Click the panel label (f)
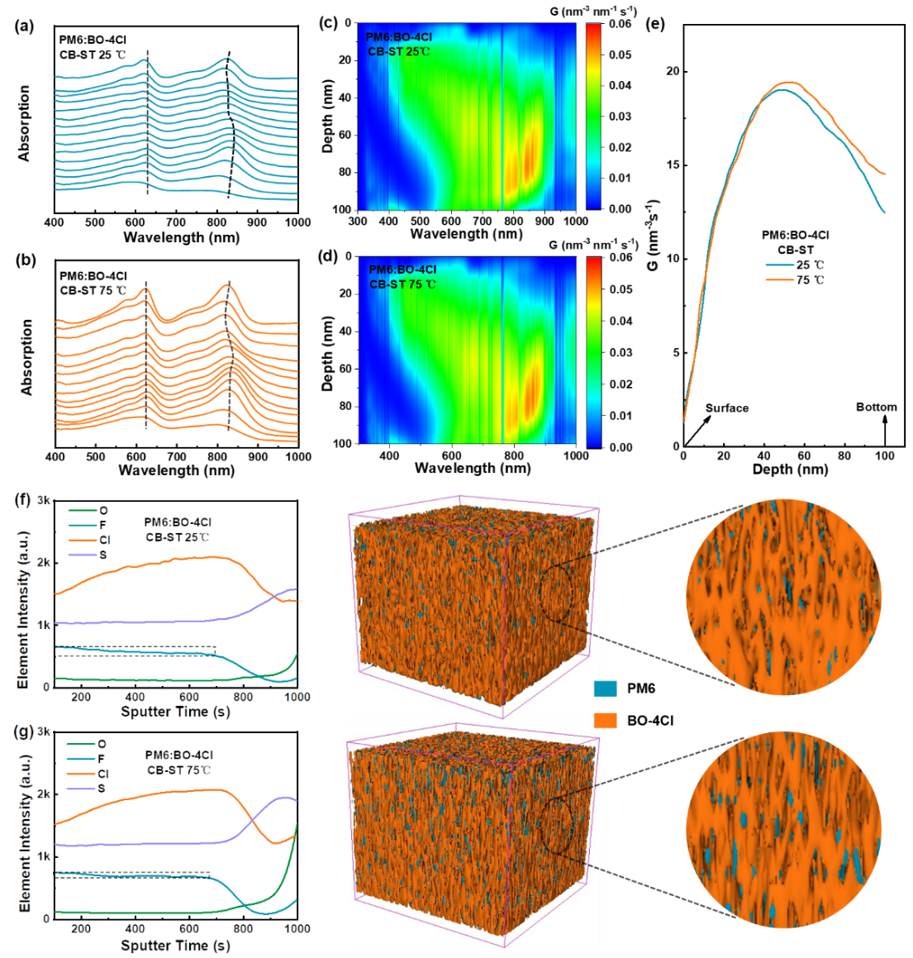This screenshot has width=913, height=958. coord(22,500)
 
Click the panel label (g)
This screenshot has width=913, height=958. coord(22,732)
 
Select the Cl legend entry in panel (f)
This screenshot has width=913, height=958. coord(103,540)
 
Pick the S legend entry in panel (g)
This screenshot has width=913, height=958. coord(102,789)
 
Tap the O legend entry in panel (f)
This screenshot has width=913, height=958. coord(103,511)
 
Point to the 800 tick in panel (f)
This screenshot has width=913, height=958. coord(243,697)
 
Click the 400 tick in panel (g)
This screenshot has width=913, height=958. coord(135,929)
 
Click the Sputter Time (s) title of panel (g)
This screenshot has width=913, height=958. coord(174,946)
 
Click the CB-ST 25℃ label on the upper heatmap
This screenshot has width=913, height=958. coord(399,51)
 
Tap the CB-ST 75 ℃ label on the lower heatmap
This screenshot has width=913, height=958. coord(402,284)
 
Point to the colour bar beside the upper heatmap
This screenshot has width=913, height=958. coord(593,116)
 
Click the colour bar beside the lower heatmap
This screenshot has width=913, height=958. coord(593,352)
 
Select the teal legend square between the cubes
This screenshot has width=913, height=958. coord(606,689)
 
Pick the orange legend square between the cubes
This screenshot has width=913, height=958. coord(606,721)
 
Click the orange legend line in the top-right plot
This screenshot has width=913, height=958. coord(780,280)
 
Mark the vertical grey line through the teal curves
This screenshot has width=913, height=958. coord(148,124)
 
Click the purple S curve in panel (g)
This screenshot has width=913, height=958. coord(165,844)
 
